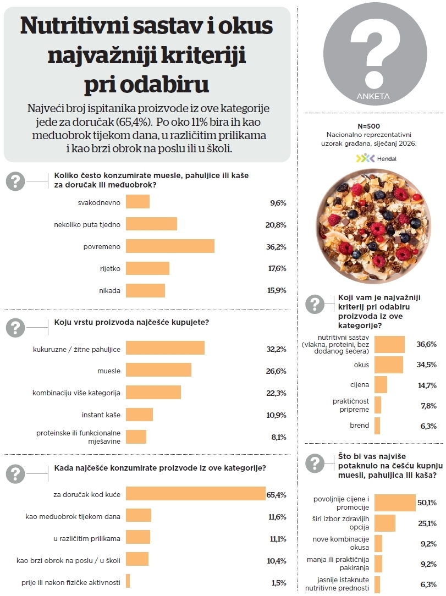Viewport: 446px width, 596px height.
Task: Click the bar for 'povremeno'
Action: [170, 246]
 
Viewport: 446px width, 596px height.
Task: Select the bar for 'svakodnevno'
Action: [137, 202]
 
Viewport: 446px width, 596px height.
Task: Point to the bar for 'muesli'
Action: [158, 370]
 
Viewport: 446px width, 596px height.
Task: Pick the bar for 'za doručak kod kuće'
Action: [196, 494]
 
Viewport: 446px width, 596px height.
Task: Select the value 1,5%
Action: [278, 583]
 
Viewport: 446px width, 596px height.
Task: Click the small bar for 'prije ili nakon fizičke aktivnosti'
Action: [128, 581]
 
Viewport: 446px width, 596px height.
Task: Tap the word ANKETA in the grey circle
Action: [373, 96]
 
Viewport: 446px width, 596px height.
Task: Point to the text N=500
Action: [372, 126]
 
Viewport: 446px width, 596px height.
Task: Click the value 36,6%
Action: [426, 344]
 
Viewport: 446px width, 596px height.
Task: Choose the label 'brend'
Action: [359, 426]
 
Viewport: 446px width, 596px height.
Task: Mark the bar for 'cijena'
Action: [381, 385]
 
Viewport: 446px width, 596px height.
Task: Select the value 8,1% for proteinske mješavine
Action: [277, 437]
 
